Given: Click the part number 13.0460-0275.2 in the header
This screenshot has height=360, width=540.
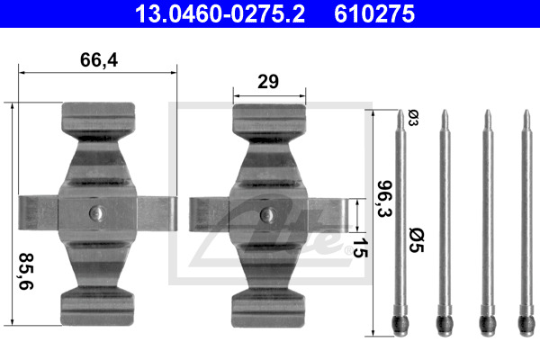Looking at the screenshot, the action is click(x=220, y=13).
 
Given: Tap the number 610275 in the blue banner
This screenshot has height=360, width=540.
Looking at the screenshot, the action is click(x=374, y=13).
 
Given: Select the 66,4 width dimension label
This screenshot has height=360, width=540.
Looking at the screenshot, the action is click(x=99, y=60).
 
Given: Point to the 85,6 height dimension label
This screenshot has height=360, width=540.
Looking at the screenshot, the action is click(x=26, y=272).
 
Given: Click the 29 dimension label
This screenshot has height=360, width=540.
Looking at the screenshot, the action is click(x=268, y=82).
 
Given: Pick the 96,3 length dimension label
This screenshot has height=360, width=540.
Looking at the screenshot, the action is click(x=384, y=199).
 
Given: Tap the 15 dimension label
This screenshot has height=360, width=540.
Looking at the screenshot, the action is click(x=360, y=247).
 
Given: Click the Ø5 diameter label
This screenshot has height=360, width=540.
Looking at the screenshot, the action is click(x=417, y=239).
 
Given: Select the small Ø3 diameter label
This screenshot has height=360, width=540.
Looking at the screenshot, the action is click(x=413, y=118).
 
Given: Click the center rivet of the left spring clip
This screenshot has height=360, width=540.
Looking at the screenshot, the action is click(x=97, y=213).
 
